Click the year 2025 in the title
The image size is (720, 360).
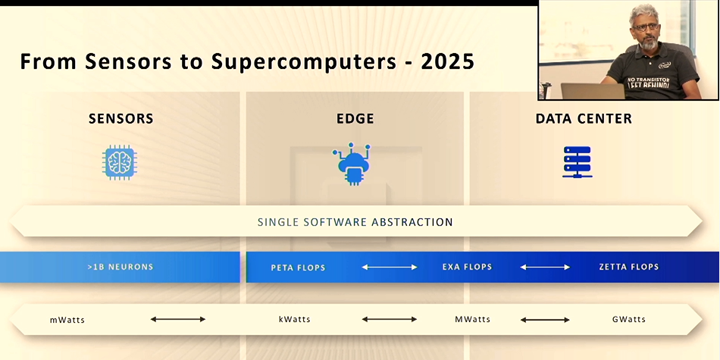(x=447, y=62)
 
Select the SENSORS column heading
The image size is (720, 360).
(x=121, y=119)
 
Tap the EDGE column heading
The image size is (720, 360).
(x=355, y=119)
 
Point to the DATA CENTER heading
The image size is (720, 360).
(x=584, y=119)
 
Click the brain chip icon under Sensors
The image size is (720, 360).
(x=120, y=162)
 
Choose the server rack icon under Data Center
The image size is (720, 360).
(x=578, y=162)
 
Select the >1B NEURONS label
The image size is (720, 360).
(x=121, y=267)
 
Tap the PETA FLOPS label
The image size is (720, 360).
(x=298, y=268)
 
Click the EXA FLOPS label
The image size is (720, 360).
(x=467, y=267)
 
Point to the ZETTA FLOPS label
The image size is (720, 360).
(x=628, y=267)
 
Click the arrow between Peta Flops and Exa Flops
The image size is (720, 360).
(x=390, y=267)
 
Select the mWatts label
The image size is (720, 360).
(x=67, y=320)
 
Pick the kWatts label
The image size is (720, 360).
(x=294, y=319)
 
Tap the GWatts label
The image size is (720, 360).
(x=628, y=319)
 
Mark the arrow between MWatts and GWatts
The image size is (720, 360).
(x=545, y=319)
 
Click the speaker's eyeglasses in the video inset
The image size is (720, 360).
(x=646, y=27)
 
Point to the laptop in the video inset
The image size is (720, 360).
(x=593, y=91)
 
